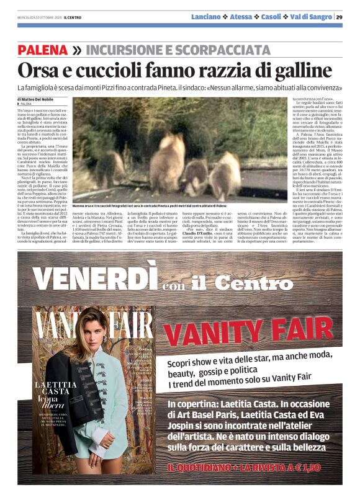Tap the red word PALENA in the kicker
point(43,50)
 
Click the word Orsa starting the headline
point(38,70)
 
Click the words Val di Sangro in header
point(310,17)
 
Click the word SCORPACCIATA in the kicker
point(219,50)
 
